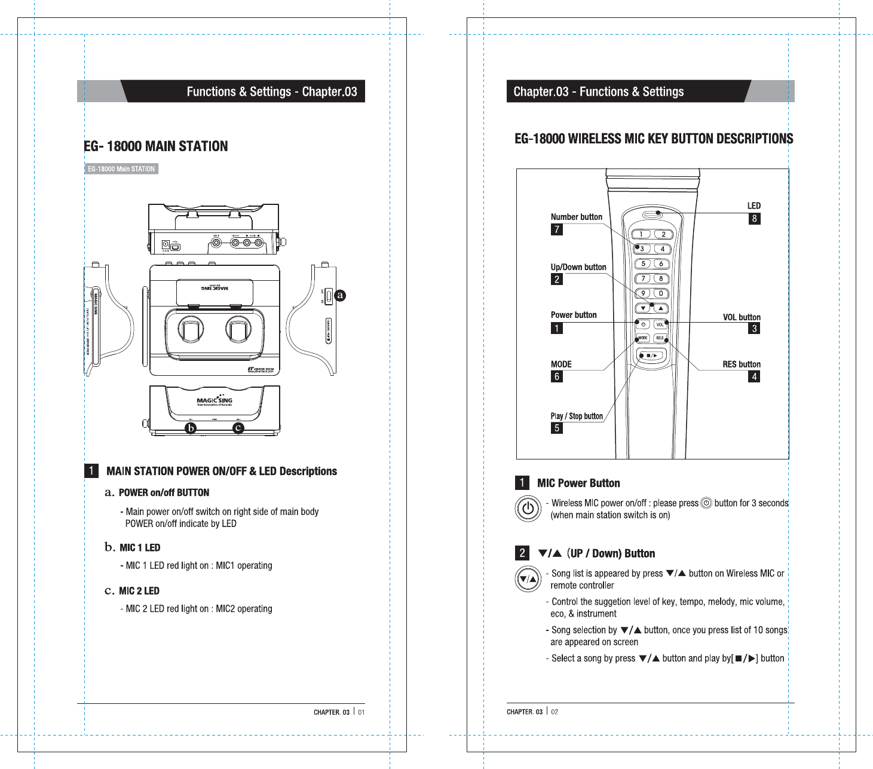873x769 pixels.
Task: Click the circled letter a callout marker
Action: tap(340, 295)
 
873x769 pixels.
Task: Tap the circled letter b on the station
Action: tap(190, 428)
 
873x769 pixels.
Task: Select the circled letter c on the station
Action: tap(238, 428)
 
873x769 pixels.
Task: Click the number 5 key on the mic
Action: tap(643, 264)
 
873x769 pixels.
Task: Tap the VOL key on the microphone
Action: tap(660, 324)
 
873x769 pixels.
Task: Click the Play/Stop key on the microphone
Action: tap(651, 356)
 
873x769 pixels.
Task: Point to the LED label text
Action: tap(753, 206)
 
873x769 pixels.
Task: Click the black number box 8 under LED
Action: tap(754, 219)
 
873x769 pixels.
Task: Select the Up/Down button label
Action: tap(578, 267)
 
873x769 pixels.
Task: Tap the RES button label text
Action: tap(742, 364)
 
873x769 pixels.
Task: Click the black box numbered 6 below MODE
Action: tap(557, 376)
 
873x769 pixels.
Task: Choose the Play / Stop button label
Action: tap(577, 416)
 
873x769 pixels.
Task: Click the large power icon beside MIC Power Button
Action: tap(528, 508)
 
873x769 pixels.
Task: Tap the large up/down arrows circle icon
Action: tap(528, 579)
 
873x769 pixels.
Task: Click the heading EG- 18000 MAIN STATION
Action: tap(156, 146)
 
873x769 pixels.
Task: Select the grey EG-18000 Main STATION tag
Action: tap(121, 169)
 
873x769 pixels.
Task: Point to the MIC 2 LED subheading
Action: tap(139, 591)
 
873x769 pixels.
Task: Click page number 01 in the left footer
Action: tap(362, 712)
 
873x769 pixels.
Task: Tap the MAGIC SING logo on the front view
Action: tap(215, 400)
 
